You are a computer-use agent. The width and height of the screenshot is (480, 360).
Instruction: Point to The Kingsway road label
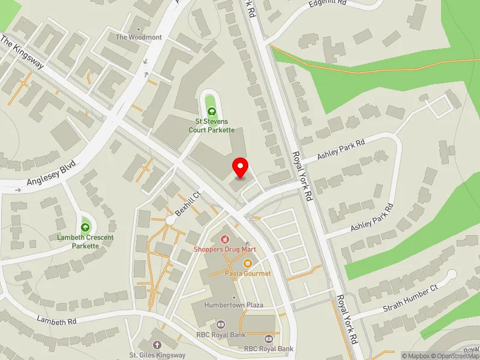point(22,52)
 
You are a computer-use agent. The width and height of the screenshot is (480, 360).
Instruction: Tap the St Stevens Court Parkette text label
point(211,125)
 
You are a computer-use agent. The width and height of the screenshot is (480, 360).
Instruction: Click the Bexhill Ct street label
point(187,205)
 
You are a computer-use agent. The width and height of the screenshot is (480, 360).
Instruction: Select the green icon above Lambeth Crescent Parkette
point(85,227)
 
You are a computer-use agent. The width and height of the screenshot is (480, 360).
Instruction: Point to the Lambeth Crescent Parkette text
point(85,242)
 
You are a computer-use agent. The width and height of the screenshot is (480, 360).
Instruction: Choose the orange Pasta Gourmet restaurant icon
point(247,263)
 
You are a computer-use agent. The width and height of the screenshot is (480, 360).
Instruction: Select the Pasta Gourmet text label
point(248,274)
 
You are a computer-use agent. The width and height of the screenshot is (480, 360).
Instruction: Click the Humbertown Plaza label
point(233,305)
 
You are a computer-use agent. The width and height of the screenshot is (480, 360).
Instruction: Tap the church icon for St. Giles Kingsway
point(157,345)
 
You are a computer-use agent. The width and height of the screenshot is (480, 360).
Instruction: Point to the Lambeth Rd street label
point(56,321)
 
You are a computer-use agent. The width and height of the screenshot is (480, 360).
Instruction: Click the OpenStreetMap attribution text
point(457,356)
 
